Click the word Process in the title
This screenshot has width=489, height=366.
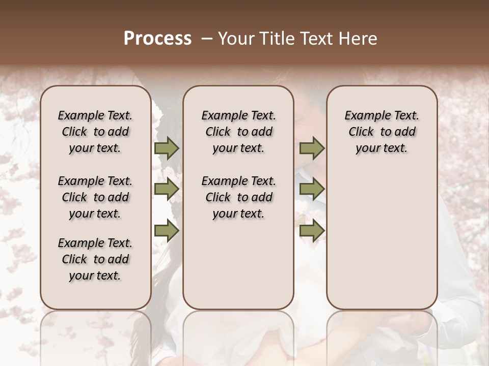tap(157, 38)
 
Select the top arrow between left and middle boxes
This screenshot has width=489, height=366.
tap(167, 148)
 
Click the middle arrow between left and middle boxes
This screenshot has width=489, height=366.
tap(167, 189)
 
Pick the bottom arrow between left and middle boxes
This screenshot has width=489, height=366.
tap(167, 230)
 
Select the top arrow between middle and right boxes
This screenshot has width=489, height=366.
tap(312, 148)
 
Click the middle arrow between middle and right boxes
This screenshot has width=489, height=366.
tap(312, 189)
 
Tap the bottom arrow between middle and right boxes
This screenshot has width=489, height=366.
tap(312, 230)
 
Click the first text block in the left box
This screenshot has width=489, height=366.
tap(95, 132)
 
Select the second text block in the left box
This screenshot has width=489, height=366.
tap(95, 197)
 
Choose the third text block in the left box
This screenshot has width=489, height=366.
tap(95, 259)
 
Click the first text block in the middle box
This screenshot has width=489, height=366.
tap(238, 132)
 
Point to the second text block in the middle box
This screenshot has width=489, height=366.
tap(238, 197)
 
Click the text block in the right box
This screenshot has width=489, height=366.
tap(382, 132)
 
